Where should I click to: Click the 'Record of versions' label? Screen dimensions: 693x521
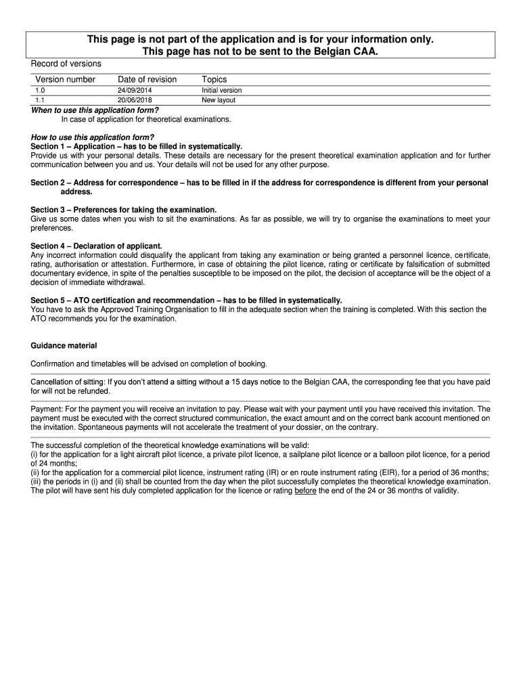[66, 64]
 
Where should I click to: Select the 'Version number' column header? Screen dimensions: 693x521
[66, 80]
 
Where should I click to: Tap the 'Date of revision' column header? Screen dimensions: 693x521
[147, 80]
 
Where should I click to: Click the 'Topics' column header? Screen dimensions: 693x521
[214, 80]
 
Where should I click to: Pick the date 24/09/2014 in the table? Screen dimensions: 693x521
[135, 90]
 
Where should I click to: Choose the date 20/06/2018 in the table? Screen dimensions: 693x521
[135, 100]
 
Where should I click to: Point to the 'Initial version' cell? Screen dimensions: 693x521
[221, 90]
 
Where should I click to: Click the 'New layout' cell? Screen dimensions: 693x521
[219, 100]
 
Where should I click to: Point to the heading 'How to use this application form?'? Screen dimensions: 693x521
[93, 137]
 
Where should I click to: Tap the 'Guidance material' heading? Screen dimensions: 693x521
[64, 346]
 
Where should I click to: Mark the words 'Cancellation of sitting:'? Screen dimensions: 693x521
[68, 382]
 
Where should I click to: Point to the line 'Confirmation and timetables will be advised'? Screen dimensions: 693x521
[149, 363]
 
